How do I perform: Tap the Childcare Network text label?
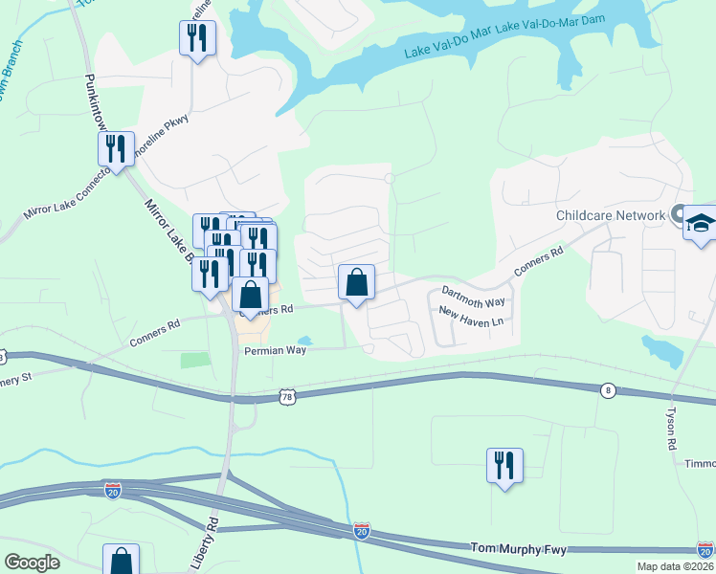point(610,215)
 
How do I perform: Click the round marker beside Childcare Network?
point(679,214)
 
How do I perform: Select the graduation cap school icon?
point(700,223)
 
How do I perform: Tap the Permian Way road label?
point(275,351)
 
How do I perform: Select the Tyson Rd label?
point(671,426)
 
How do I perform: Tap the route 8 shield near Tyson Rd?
point(607,390)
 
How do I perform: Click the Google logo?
point(32,563)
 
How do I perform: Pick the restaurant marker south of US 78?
point(503,466)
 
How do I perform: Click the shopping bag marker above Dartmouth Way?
point(356,283)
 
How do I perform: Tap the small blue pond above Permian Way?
point(304,341)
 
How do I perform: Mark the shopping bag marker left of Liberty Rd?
point(122,560)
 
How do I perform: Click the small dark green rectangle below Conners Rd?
point(195,360)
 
